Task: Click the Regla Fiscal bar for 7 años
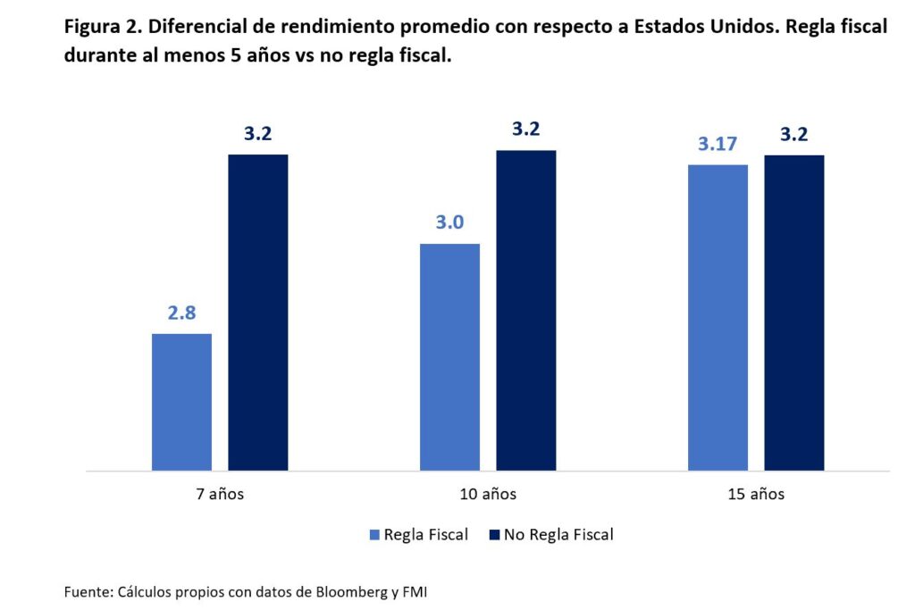tap(181, 402)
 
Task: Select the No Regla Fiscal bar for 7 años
tap(258, 313)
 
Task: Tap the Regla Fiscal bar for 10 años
tap(449, 357)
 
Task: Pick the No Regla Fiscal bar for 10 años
tap(526, 310)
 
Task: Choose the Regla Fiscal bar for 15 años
tap(718, 317)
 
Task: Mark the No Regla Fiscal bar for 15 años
tap(794, 313)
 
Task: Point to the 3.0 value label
tap(449, 222)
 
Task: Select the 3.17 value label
tap(718, 144)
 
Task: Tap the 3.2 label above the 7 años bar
tap(258, 134)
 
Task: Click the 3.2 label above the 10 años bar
tap(526, 130)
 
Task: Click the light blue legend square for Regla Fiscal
tap(374, 535)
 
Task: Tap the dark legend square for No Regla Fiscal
tap(494, 535)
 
